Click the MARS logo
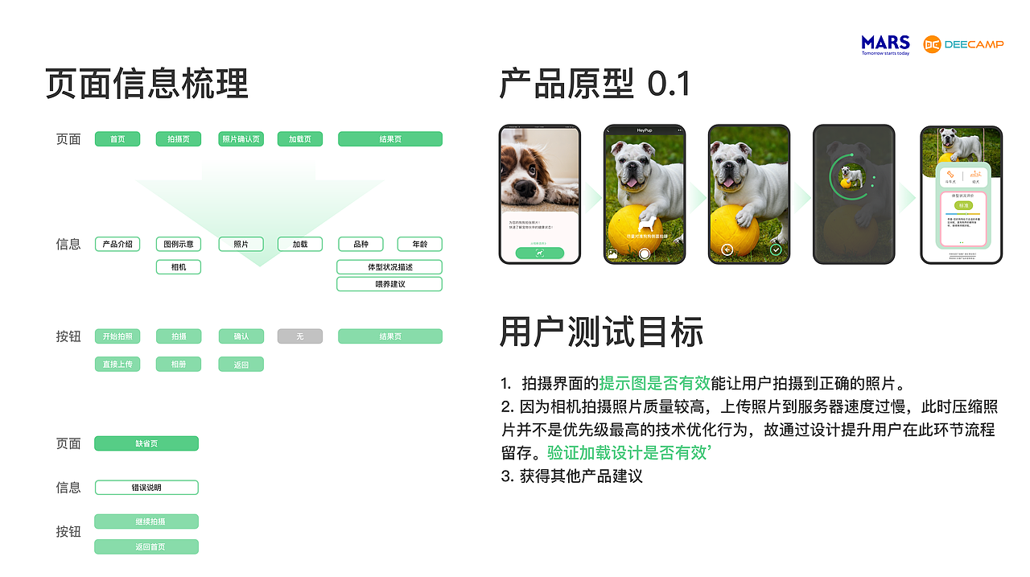885,44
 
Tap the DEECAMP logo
963,44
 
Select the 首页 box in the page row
117,139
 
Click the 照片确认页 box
241,139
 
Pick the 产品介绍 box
117,244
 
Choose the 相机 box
179,266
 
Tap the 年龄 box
420,244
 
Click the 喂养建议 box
389,284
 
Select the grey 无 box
300,336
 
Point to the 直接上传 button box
117,365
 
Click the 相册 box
179,365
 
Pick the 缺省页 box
146,443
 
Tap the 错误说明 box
146,488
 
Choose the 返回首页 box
146,547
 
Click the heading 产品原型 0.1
595,84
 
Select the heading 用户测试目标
601,332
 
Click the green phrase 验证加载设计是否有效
626,452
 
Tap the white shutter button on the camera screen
644,253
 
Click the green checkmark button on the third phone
776,250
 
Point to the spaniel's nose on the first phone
523,191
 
